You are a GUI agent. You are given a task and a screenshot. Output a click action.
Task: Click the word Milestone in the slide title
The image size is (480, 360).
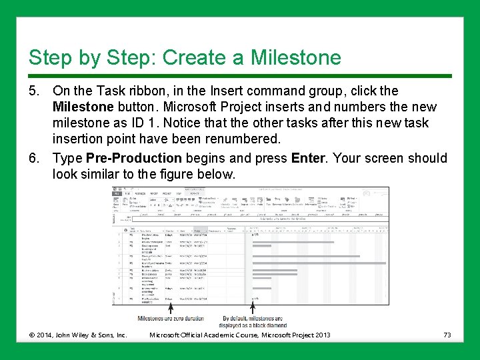click(x=295, y=57)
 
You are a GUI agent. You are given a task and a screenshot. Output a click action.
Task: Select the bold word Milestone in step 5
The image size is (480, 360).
click(x=82, y=107)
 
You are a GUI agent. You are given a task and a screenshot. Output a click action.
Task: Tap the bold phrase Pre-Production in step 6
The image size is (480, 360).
click(x=134, y=158)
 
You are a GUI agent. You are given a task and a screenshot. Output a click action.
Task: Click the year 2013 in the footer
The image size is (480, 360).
click(x=319, y=335)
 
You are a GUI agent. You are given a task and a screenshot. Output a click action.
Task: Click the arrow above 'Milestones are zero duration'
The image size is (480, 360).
click(x=171, y=308)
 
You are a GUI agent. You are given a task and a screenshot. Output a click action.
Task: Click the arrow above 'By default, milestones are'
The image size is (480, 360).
click(x=252, y=308)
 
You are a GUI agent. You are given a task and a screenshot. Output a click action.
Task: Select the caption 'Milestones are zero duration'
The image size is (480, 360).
click(x=171, y=319)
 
